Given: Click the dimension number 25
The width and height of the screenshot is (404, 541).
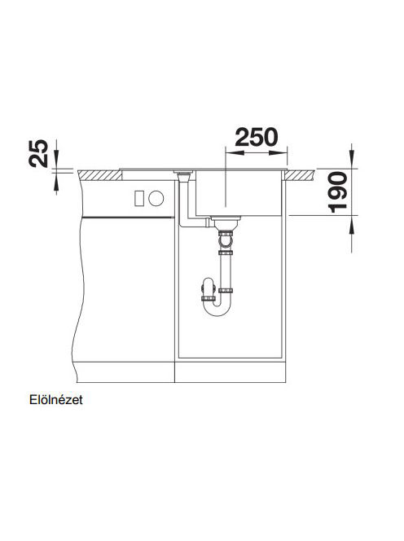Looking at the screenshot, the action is point(38,153).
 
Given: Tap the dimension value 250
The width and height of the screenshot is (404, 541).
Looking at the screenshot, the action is point(256,137).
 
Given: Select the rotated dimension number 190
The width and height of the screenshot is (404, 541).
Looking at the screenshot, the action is point(337,191).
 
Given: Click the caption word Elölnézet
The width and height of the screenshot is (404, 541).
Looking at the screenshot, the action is point(56,400).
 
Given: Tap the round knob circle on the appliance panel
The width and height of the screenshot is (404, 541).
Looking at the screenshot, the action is point(156,198).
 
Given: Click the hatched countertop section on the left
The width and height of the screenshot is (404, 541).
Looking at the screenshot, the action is point(100,175).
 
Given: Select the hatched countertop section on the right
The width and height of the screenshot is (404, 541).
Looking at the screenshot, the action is point(300,175).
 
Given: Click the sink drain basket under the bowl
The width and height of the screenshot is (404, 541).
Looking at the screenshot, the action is point(226,222).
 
